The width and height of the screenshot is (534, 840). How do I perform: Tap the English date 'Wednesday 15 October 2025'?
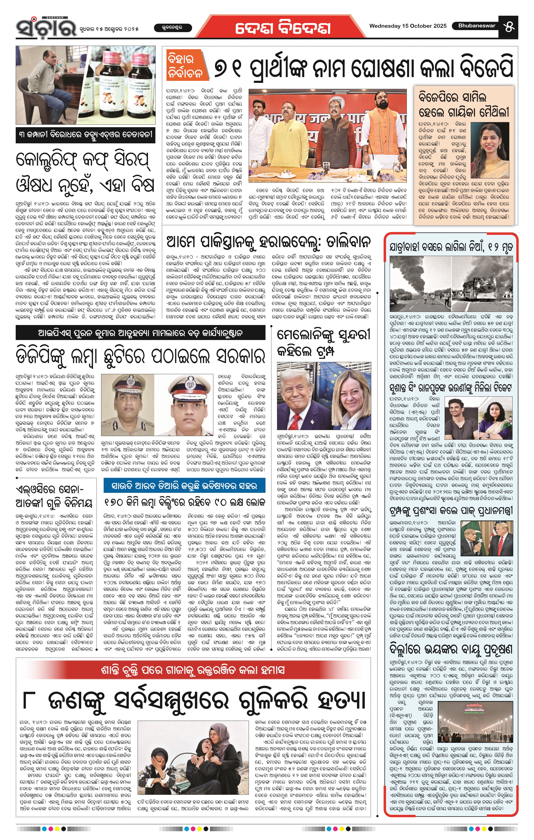coord(408,26)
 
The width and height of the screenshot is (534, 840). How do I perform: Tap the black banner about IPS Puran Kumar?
coord(140,333)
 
